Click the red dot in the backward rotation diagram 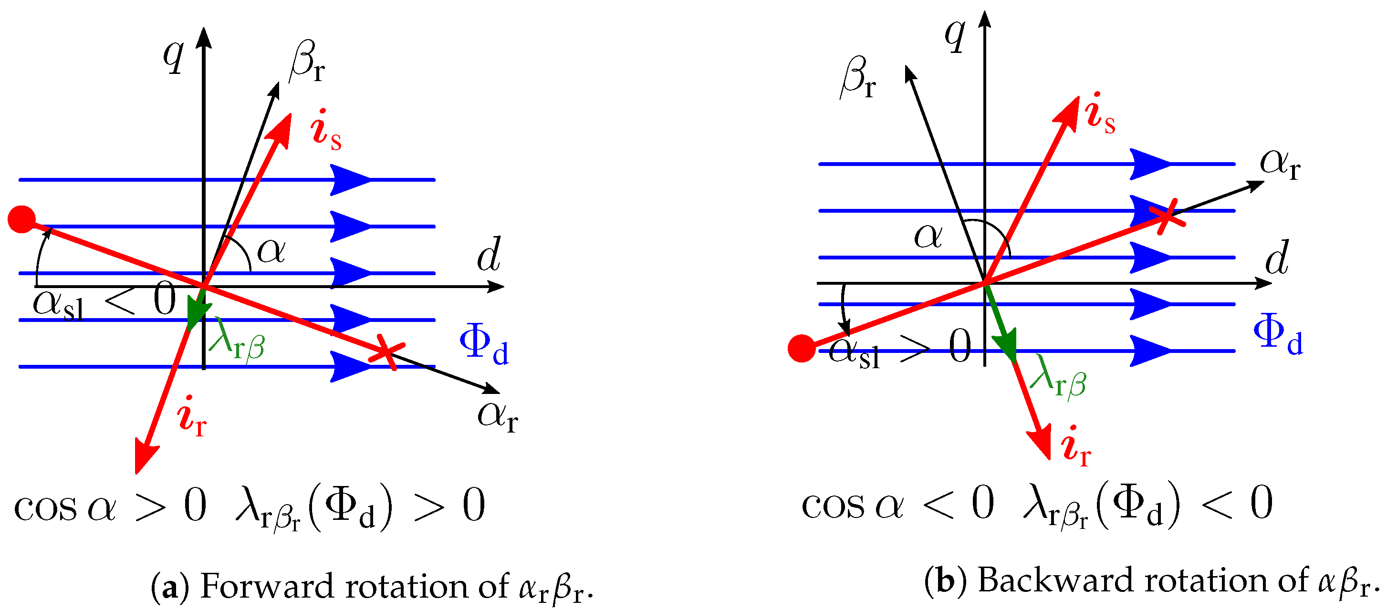(x=801, y=348)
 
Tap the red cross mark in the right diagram (x=1166, y=217)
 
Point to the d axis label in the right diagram (x=1277, y=258)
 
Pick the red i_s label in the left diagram (x=325, y=130)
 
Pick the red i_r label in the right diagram (x=1076, y=447)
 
